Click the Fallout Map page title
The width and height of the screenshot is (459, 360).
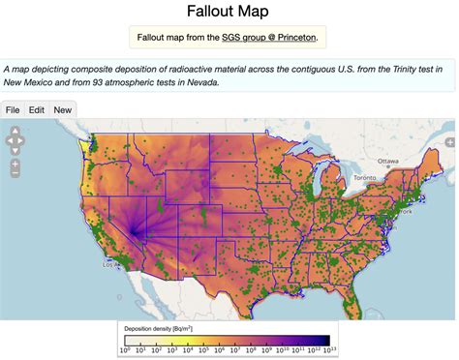tap(229, 13)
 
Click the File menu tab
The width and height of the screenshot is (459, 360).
tap(14, 109)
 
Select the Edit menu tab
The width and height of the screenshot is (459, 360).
tap(37, 109)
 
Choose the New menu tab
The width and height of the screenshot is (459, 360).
tap(62, 109)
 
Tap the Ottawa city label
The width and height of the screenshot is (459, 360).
tap(388, 161)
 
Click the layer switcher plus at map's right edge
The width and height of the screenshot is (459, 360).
tap(449, 142)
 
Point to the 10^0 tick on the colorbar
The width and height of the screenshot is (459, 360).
tap(124, 350)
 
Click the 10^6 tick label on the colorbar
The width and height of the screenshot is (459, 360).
tap(218, 350)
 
